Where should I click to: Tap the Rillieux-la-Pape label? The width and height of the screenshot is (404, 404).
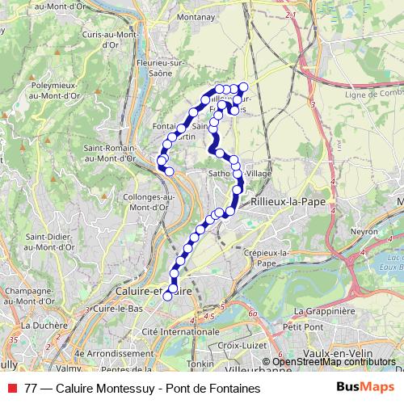click(x=282, y=200)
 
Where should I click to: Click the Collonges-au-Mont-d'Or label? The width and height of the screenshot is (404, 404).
click(x=145, y=201)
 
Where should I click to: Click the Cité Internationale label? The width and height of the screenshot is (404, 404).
click(x=181, y=332)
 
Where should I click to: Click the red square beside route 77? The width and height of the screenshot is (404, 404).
click(x=12, y=388)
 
